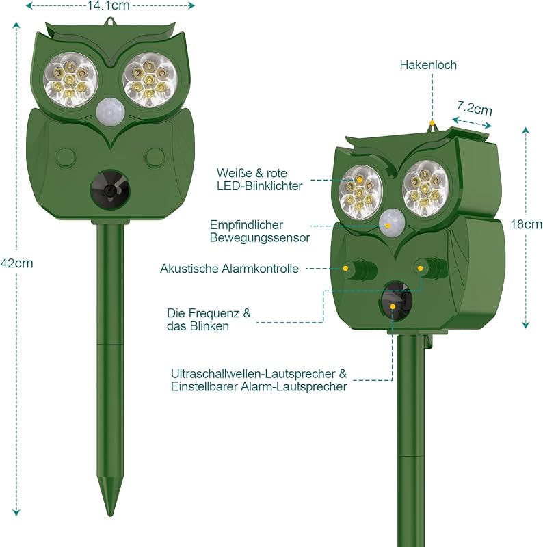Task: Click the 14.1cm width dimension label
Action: point(108,5)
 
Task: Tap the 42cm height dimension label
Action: point(16,263)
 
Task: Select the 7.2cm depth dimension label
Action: point(475,108)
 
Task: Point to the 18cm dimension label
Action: point(527,224)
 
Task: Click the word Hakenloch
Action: point(428,65)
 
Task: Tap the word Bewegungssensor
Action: point(260,237)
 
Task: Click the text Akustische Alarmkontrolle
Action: point(230,269)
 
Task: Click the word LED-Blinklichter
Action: point(260,186)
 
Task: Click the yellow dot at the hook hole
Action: point(432,123)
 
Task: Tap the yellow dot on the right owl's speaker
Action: point(393,306)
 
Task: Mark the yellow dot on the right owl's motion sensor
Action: point(388,226)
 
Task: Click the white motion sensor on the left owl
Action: point(110,110)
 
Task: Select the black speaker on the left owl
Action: point(110,191)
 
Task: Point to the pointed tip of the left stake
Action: point(110,516)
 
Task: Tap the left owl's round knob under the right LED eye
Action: point(155,157)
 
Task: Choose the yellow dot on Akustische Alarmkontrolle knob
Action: point(345,268)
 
